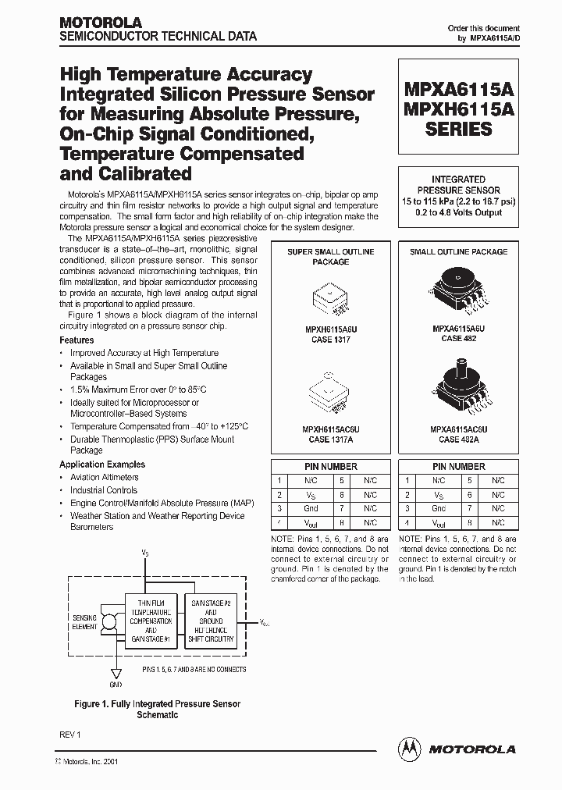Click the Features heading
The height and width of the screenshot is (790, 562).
[76, 340]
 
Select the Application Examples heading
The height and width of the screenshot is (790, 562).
[102, 464]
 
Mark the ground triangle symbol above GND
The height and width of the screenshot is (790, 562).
[116, 672]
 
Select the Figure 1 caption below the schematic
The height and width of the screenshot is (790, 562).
[157, 709]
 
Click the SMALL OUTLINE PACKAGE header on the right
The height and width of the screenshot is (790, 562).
[458, 252]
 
